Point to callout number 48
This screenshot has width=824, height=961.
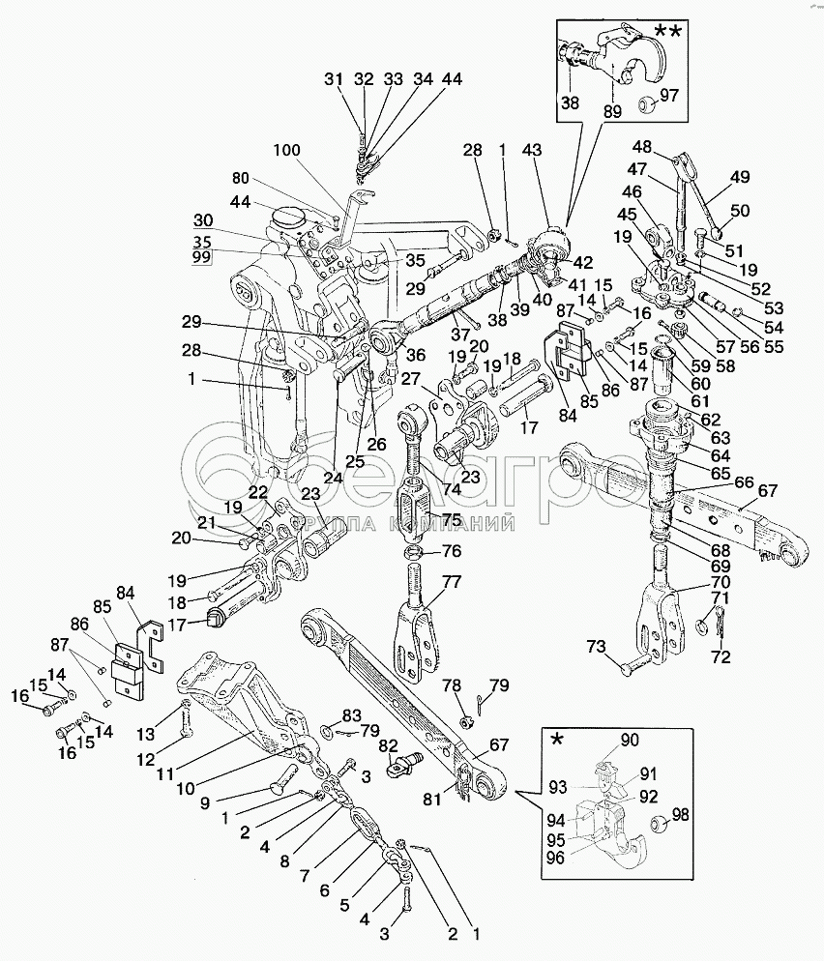[641, 146]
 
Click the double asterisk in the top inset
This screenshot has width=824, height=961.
[667, 33]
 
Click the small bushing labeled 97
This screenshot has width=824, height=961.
[647, 102]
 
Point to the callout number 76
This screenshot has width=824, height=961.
[452, 552]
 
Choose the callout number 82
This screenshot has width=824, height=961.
[388, 745]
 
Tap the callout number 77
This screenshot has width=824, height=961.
[453, 583]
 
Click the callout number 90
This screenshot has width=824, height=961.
[630, 740]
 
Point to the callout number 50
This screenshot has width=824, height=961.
[739, 212]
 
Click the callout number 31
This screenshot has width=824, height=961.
[334, 79]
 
